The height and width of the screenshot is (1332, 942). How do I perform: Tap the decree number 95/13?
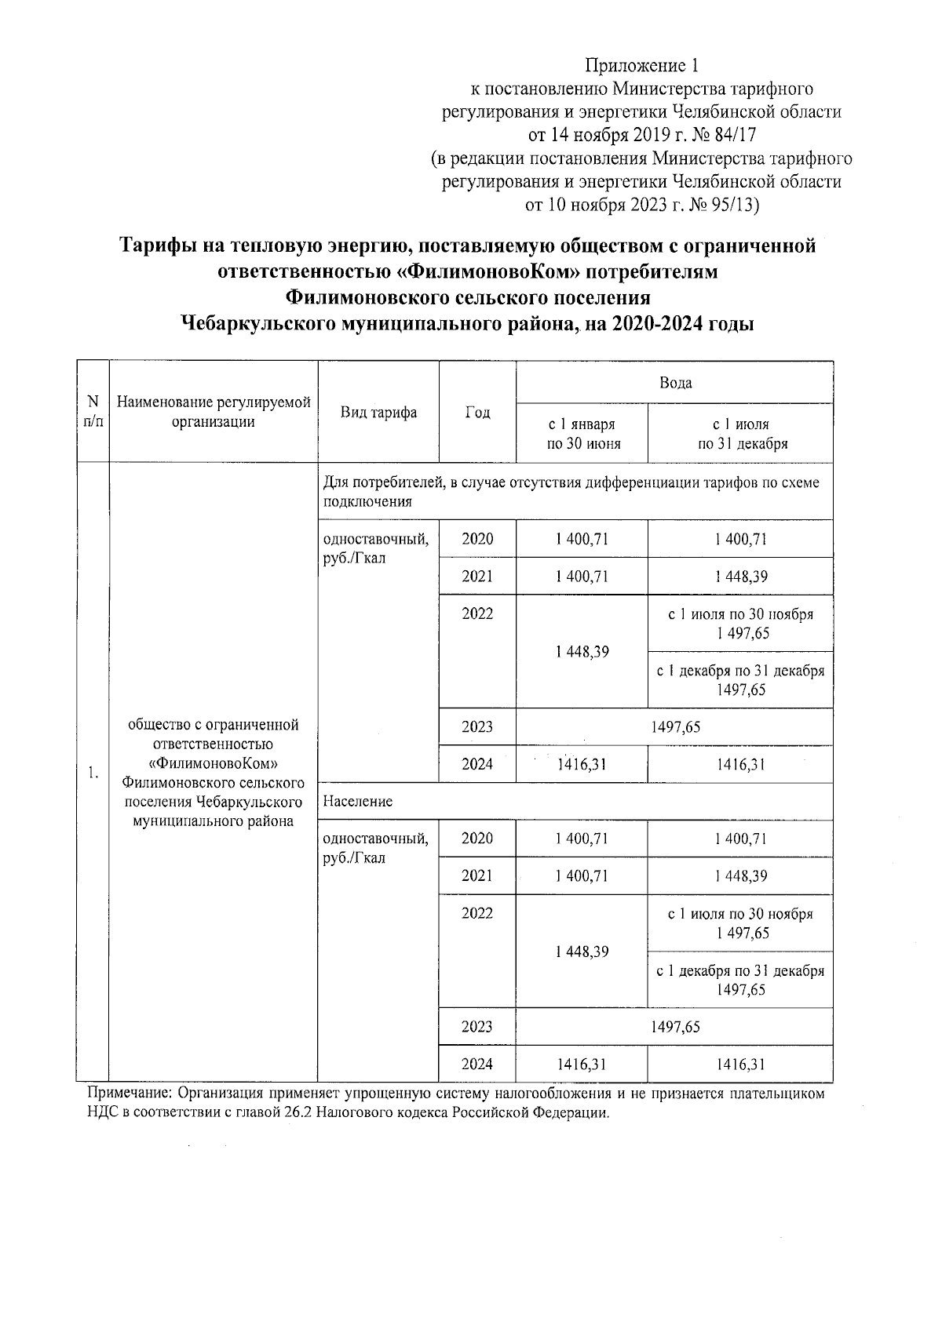732,205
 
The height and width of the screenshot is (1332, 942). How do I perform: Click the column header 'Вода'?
674,383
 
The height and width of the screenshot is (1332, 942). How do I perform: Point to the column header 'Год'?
477,413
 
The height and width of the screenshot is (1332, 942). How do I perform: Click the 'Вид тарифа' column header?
378,413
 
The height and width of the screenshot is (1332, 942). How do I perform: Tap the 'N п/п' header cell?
93,412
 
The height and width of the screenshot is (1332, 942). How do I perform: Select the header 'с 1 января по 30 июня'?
582,434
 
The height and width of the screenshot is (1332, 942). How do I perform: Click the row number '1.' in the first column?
93,773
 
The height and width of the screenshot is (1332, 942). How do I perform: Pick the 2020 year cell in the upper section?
477,539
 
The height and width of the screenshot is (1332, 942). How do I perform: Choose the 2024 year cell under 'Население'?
477,1065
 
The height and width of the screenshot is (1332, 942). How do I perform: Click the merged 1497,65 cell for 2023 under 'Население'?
674,1027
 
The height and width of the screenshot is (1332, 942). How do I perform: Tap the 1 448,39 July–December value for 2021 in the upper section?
740,577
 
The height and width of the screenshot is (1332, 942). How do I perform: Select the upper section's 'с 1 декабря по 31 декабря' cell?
740,680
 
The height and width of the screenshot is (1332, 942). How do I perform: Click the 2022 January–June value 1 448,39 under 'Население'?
582,952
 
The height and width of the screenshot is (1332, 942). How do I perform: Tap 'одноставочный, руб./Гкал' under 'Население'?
376,848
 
